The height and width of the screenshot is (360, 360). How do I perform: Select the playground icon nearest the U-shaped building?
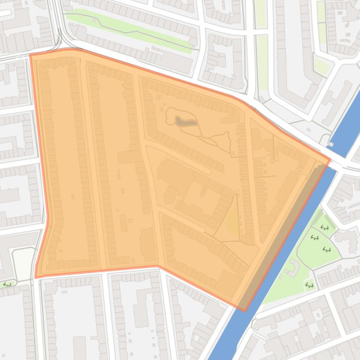pyautogui.click(x=309, y=284)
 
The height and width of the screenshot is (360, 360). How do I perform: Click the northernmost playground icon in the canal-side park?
pyautogui.click(x=324, y=228)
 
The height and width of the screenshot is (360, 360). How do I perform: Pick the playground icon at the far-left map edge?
pyautogui.click(x=7, y=284)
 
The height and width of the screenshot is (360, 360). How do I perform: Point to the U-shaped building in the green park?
pyautogui.click(x=293, y=268)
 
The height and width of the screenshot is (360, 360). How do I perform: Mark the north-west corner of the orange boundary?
pyautogui.click(x=31, y=55)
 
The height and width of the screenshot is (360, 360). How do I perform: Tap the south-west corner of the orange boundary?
pyautogui.click(x=36, y=277)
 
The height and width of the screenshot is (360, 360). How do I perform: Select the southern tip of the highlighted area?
pyautogui.click(x=244, y=310)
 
